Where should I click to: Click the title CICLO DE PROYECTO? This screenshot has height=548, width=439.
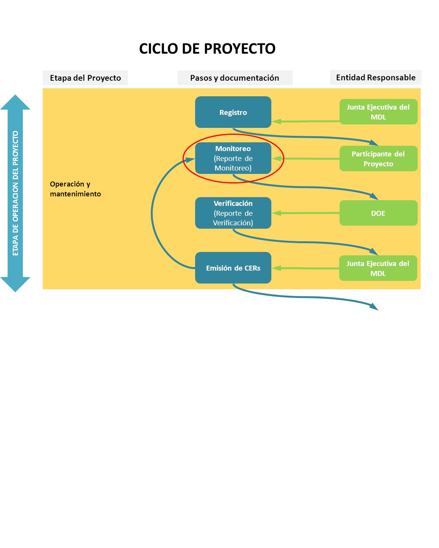pyautogui.click(x=207, y=48)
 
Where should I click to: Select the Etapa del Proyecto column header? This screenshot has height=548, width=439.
pyautogui.click(x=85, y=78)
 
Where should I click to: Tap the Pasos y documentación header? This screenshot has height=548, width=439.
pyautogui.click(x=235, y=78)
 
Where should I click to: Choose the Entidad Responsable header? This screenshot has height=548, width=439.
pyautogui.click(x=375, y=77)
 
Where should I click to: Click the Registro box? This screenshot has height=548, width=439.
pyautogui.click(x=233, y=112)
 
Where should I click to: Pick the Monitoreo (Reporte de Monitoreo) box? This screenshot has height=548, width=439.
pyautogui.click(x=233, y=158)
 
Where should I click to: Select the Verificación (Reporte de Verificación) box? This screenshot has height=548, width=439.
pyautogui.click(x=233, y=213)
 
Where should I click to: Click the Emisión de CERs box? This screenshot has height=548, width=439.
pyautogui.click(x=233, y=268)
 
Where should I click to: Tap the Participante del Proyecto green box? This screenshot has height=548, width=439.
pyautogui.click(x=378, y=158)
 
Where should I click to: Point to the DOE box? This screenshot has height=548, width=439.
pyautogui.click(x=378, y=213)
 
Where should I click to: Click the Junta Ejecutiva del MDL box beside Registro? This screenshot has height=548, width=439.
pyautogui.click(x=378, y=112)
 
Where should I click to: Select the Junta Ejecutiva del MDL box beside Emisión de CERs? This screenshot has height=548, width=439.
pyautogui.click(x=378, y=268)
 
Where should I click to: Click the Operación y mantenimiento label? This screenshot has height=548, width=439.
pyautogui.click(x=75, y=189)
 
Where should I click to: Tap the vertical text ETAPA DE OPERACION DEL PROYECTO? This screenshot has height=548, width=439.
pyautogui.click(x=15, y=193)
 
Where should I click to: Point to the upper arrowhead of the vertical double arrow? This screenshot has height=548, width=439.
pyautogui.click(x=15, y=102)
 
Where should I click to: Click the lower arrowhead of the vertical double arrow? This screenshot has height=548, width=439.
pyautogui.click(x=15, y=284)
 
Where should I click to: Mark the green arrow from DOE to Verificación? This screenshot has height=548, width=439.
pyautogui.click(x=306, y=213)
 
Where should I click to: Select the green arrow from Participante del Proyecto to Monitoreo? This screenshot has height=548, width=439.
pyautogui.click(x=306, y=159)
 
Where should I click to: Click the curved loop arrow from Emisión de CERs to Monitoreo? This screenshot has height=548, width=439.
pyautogui.click(x=152, y=213)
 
